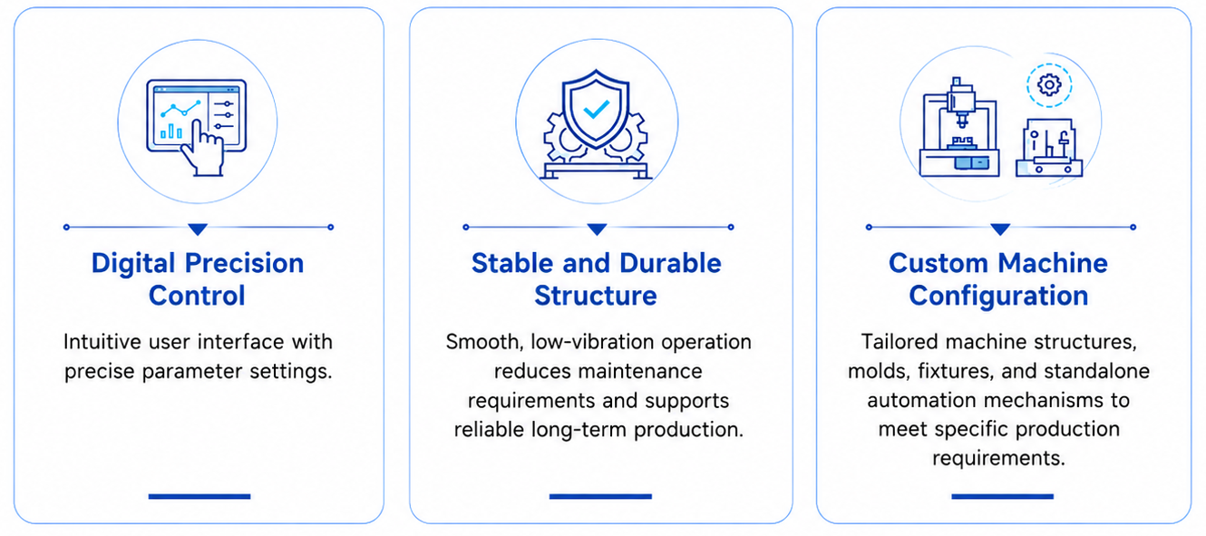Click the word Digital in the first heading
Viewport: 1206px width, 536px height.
[133, 264]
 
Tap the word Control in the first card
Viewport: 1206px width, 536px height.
[197, 296]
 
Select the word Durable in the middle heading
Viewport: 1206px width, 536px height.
[670, 263]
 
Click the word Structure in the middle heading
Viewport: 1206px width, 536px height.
[596, 296]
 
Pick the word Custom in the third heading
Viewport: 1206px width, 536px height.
[939, 263]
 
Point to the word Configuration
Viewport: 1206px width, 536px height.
[998, 297]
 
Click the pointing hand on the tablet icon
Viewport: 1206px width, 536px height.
[202, 148]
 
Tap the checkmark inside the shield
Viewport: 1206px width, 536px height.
[597, 110]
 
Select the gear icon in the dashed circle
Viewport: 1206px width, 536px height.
[1049, 84]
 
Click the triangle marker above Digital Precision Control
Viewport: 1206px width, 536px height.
[198, 229]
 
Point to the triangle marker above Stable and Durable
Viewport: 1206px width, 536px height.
[597, 229]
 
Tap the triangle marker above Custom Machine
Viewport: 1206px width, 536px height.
[1000, 229]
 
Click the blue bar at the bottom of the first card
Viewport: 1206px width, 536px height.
[199, 496]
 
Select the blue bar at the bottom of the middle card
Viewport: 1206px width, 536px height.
[600, 496]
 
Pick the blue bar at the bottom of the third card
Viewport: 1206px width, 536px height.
[1002, 496]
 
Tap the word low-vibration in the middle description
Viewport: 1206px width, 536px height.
[592, 342]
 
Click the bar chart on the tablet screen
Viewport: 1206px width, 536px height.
[170, 131]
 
